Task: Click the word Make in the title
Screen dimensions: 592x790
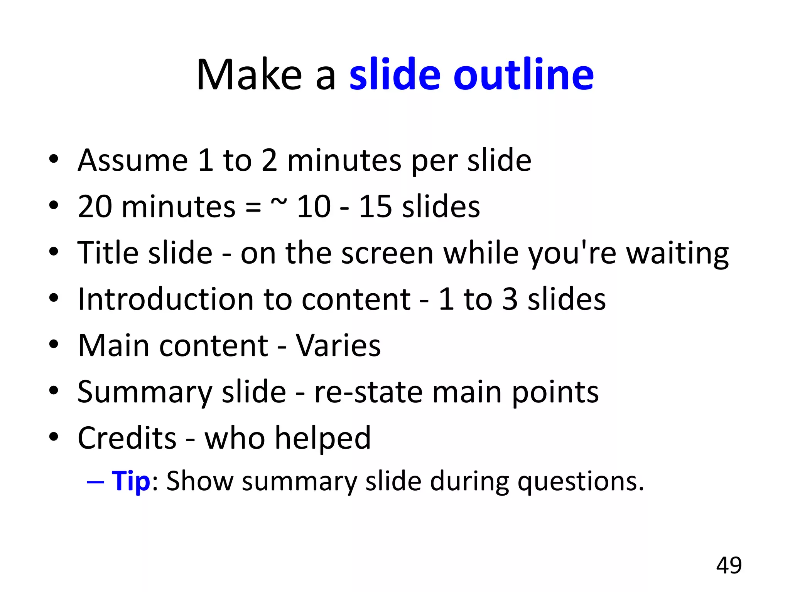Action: tap(249, 75)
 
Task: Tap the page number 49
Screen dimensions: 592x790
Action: tap(729, 565)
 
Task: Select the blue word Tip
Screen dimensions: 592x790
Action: tap(130, 482)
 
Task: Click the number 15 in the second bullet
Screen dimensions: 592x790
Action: tap(376, 207)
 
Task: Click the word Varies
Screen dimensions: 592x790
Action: tap(338, 346)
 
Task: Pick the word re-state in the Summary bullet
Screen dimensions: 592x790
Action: tap(368, 392)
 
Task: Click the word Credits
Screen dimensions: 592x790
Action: tap(127, 438)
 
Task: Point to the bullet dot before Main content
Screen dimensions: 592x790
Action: tap(54, 344)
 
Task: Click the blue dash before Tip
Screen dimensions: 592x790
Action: tap(95, 482)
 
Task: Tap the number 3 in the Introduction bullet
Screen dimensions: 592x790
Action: tap(510, 299)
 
